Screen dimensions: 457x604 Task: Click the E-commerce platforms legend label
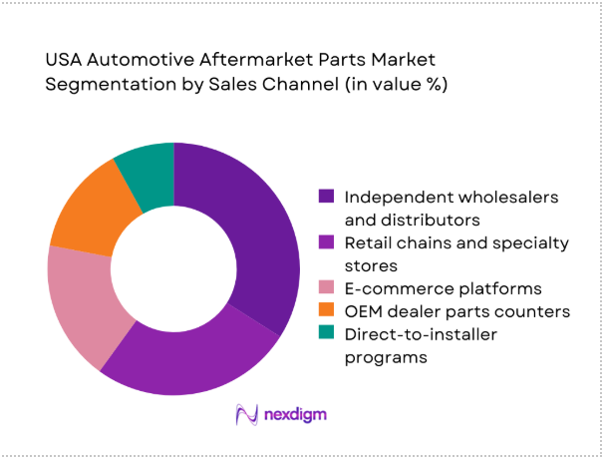pyautogui.click(x=443, y=289)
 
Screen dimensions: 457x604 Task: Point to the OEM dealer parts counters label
pyautogui.click(x=456, y=312)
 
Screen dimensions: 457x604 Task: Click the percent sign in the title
pyautogui.click(x=431, y=85)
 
